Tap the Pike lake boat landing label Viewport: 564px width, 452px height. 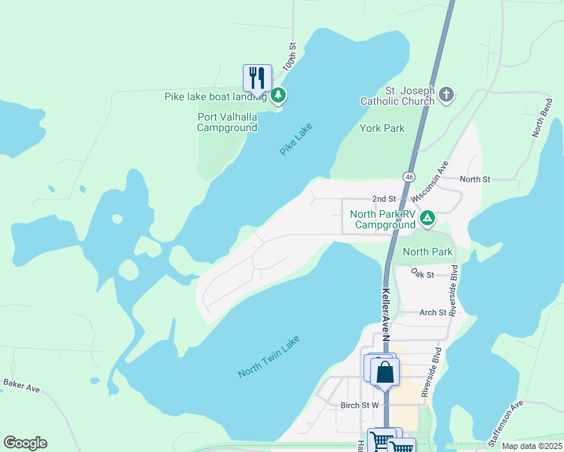click(216, 96)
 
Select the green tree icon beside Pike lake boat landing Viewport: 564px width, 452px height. click(278, 96)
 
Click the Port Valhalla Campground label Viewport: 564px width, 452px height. click(227, 122)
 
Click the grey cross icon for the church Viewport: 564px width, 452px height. click(446, 95)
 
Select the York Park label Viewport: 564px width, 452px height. click(382, 128)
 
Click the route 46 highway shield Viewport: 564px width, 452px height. click(409, 176)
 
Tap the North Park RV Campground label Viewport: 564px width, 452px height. click(383, 219)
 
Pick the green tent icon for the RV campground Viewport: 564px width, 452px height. click(428, 219)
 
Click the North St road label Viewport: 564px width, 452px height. click(475, 179)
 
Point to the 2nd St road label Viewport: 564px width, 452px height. click(385, 198)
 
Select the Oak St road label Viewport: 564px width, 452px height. click(424, 275)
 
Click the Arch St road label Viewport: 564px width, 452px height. click(432, 312)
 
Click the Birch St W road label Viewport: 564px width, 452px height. click(360, 405)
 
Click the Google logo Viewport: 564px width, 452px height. click(25, 443)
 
